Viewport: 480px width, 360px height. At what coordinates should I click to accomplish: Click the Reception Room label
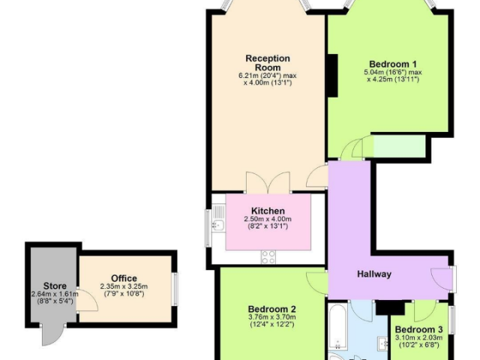[268, 63]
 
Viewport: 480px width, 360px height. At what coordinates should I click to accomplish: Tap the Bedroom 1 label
[393, 64]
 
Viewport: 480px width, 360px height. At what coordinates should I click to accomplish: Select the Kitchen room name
[268, 211]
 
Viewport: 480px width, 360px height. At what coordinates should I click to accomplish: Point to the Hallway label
[374, 274]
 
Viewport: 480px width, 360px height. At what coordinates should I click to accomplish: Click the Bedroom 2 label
[271, 309]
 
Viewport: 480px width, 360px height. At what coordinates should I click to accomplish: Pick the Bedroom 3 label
[418, 330]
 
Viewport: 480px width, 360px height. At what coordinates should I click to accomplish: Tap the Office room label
[124, 278]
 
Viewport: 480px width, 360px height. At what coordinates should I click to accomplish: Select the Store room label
[55, 286]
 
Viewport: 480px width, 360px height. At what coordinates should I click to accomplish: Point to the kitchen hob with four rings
[268, 256]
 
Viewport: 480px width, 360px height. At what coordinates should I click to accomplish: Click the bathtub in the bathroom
[337, 327]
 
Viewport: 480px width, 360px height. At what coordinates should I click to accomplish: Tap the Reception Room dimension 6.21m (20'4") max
[268, 75]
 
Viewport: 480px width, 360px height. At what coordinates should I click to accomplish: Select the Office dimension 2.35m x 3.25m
[124, 286]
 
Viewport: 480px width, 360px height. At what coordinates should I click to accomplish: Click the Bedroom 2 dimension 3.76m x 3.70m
[271, 317]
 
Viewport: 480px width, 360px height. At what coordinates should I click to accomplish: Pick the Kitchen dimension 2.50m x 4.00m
[268, 219]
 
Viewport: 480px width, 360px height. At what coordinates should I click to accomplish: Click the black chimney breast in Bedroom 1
[333, 76]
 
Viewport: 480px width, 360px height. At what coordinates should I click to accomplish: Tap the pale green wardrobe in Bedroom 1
[399, 147]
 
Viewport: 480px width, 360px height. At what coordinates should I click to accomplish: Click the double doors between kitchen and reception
[268, 183]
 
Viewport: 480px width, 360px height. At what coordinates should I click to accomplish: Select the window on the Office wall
[175, 289]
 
